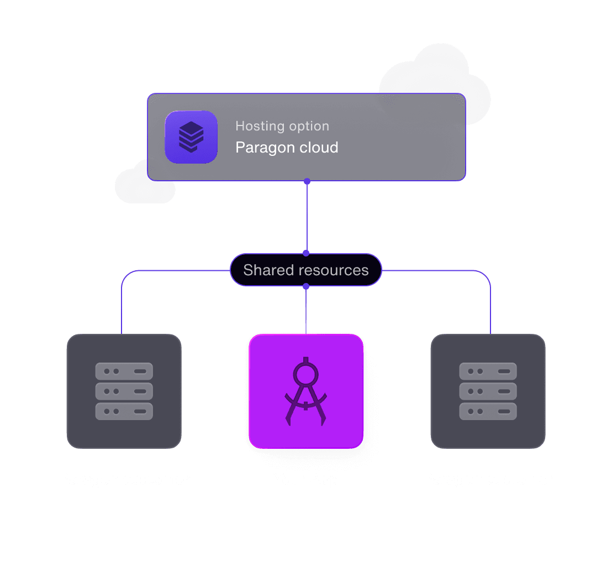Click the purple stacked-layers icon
coord(191,137)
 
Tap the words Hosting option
coord(282,126)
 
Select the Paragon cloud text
coord(287,148)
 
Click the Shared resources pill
coord(305,270)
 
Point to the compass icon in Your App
coord(305,392)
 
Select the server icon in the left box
coord(124,391)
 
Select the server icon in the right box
coord(488,391)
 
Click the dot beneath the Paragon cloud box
coord(307,181)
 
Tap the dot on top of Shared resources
coord(306,253)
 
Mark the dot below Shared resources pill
coord(306,286)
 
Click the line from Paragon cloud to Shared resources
coord(307,217)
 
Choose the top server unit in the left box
coord(124,371)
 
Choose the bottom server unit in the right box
coord(488,411)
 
